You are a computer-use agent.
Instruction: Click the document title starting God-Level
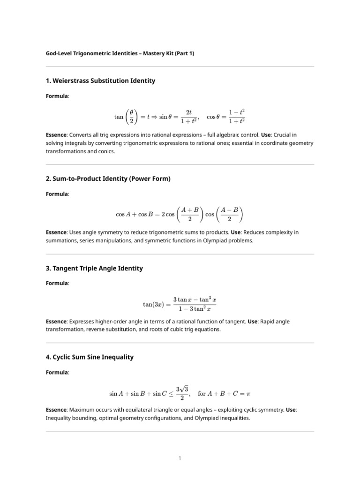click(x=120, y=53)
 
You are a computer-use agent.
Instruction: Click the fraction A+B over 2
click(x=189, y=215)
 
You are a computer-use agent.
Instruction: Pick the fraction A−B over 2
click(x=229, y=215)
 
